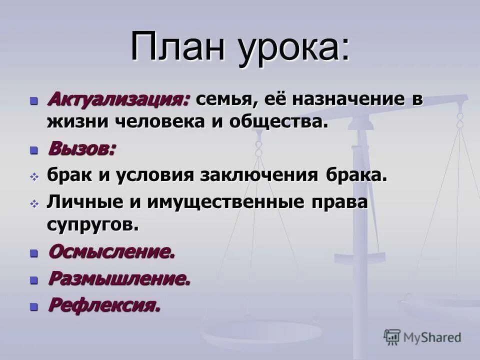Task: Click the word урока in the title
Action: pos(293,48)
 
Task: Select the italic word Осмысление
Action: pos(111,251)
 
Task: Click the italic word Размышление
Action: pos(119,278)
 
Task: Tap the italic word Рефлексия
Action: pos(104,305)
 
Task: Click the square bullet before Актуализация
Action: pos(34,100)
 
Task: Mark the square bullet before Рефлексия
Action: pos(34,306)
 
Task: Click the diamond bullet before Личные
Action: pos(34,203)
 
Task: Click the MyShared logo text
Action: pos(432,337)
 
